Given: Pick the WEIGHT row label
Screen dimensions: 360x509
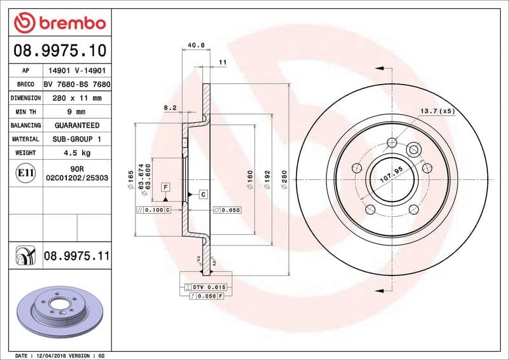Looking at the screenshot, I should [x=25, y=153].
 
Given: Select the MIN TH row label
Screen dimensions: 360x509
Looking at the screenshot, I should [x=25, y=112].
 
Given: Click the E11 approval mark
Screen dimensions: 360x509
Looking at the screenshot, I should [x=25, y=173].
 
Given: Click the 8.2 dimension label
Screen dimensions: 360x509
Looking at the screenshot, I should [x=170, y=108].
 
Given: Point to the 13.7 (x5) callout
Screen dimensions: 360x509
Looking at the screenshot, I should [x=437, y=111].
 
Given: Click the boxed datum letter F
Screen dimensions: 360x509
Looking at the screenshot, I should [x=165, y=187].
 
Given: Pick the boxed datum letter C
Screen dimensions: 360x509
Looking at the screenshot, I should [x=202, y=195].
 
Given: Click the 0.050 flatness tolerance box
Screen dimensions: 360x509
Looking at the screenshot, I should [x=227, y=209].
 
